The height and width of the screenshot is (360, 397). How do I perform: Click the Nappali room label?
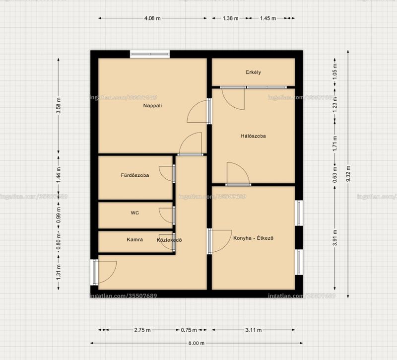tap(152, 106)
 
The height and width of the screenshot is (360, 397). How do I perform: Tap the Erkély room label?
tap(253, 72)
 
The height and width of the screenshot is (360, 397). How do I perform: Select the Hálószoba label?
tap(253, 136)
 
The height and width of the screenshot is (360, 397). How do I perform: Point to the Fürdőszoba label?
tap(134, 175)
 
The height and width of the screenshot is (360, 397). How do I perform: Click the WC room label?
tap(134, 213)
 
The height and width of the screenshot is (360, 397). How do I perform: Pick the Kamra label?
tap(134, 239)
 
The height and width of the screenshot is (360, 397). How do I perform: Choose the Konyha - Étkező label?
tap(253, 238)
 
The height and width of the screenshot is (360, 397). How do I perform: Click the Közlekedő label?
tap(169, 240)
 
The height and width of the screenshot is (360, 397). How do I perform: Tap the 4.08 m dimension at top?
tap(152, 18)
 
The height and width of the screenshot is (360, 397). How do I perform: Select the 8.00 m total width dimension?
tap(196, 343)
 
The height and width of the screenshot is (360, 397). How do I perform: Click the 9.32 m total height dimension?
tap(348, 173)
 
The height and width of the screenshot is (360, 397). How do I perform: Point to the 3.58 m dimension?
tap(59, 105)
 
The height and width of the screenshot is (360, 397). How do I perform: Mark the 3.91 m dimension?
tap(335, 238)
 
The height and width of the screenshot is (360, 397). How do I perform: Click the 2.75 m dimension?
tap(142, 330)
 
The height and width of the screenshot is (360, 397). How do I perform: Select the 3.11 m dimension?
tap(254, 330)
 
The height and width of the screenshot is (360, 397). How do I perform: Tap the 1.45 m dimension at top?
tap(268, 18)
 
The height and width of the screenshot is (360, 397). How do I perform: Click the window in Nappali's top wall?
tap(150, 54)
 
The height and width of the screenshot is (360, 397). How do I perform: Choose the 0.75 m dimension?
tap(189, 330)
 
